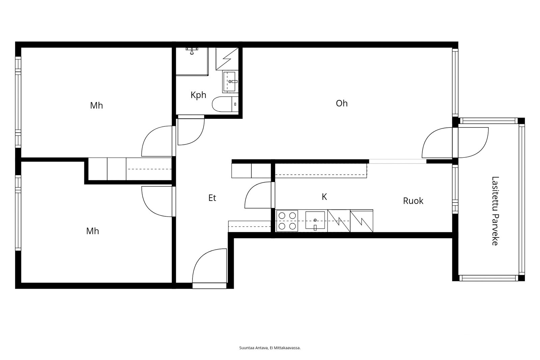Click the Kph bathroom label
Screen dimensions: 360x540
click(x=198, y=95)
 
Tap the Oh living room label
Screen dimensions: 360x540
click(x=342, y=103)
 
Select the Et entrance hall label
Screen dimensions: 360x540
click(x=212, y=198)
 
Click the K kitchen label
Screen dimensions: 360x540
click(x=324, y=197)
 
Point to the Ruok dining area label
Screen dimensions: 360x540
click(x=413, y=201)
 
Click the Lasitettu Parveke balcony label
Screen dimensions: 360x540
click(x=495, y=211)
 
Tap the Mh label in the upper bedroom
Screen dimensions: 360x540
click(x=96, y=106)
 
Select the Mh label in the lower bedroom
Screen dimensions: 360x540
click(x=92, y=231)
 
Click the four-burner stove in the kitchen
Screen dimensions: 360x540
click(x=287, y=221)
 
